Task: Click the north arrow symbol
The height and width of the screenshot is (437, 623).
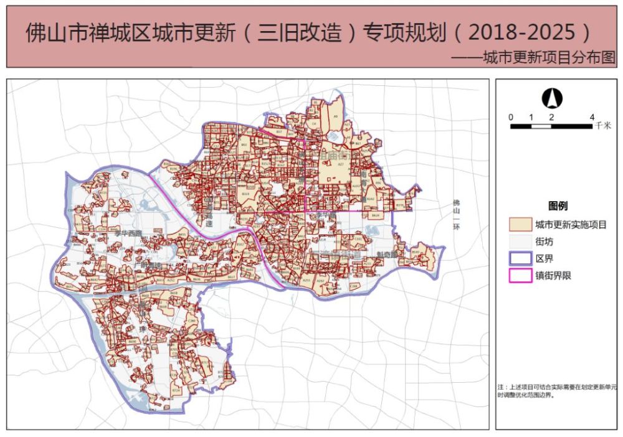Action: click(x=551, y=98)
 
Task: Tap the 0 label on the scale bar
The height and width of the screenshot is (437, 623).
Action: click(x=511, y=117)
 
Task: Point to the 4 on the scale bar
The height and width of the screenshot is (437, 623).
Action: click(x=592, y=117)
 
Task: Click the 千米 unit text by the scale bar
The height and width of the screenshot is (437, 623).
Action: click(x=602, y=126)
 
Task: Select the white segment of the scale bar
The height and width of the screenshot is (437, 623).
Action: click(x=541, y=126)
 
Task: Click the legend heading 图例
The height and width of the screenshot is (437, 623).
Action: click(x=557, y=206)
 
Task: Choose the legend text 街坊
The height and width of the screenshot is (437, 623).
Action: click(x=544, y=242)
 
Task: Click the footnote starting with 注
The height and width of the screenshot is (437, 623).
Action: click(x=556, y=390)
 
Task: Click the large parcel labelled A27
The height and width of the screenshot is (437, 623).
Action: click(x=341, y=164)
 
